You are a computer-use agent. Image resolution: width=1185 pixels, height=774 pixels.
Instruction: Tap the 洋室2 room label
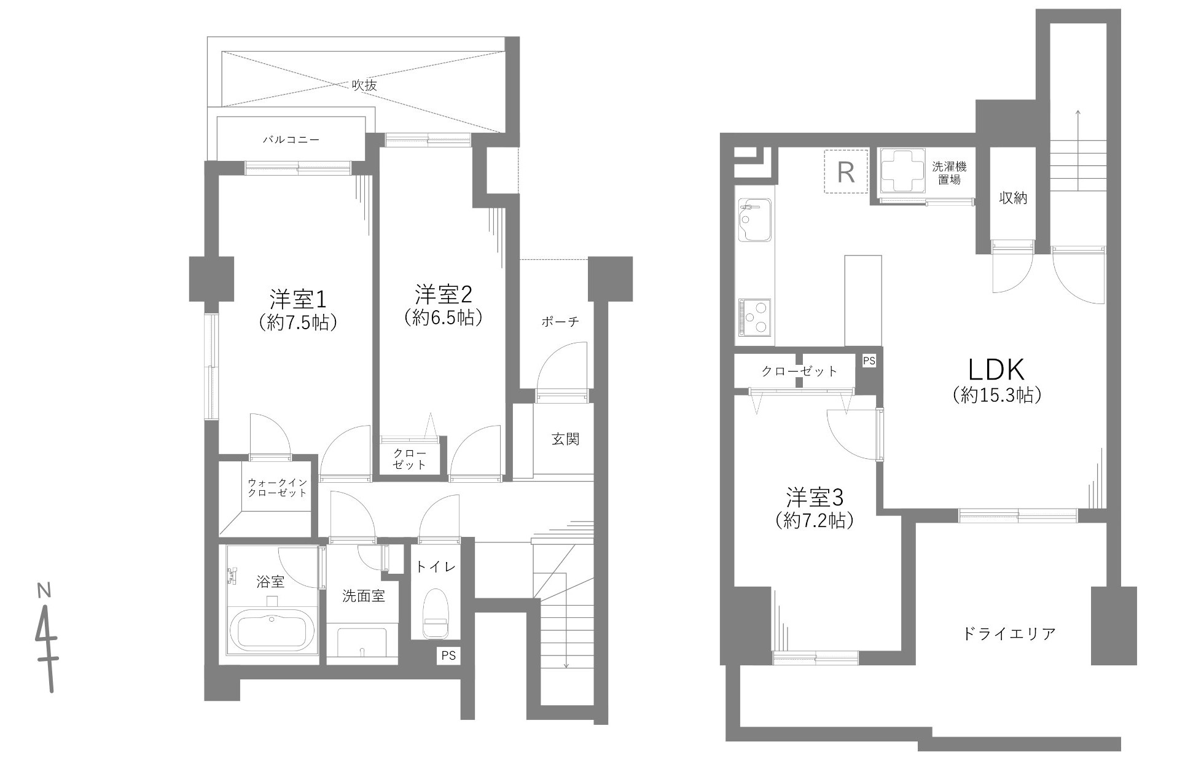[442, 295]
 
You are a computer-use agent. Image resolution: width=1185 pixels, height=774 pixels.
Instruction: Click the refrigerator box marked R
[846, 172]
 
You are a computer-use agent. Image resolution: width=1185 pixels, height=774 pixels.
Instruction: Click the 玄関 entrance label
[565, 440]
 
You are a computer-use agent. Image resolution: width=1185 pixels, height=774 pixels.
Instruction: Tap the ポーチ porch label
[560, 322]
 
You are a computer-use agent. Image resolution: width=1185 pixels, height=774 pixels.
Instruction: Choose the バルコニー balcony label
[291, 140]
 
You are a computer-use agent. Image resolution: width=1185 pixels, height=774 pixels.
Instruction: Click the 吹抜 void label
[364, 85]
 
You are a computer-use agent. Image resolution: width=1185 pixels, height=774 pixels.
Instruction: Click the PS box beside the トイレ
[448, 656]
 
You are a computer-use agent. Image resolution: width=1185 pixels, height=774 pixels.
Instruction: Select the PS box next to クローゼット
[869, 361]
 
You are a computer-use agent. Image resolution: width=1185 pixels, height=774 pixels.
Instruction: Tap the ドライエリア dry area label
[1010, 634]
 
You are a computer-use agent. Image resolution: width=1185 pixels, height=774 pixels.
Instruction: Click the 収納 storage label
[1013, 198]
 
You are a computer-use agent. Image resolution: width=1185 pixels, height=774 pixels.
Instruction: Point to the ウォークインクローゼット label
[276, 488]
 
